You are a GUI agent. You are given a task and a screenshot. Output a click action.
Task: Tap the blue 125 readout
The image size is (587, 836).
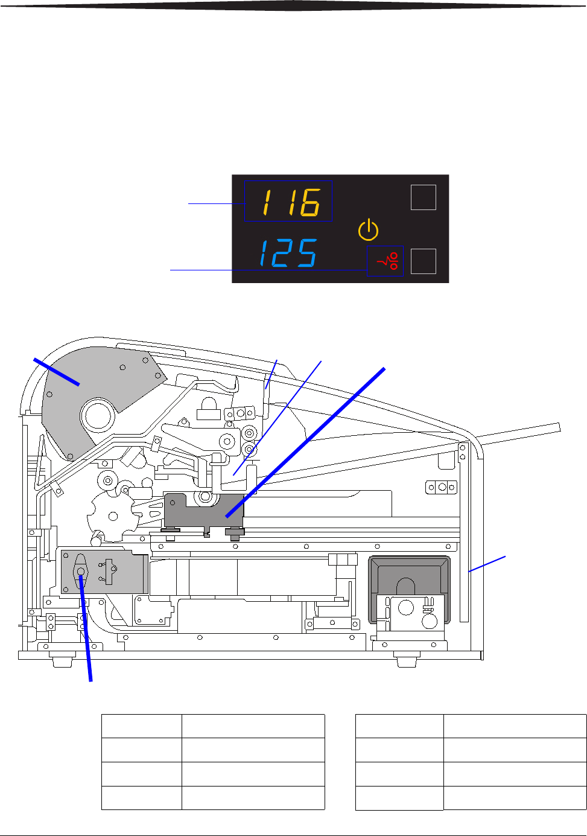(288, 253)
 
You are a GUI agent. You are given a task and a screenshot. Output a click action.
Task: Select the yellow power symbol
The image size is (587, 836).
(369, 229)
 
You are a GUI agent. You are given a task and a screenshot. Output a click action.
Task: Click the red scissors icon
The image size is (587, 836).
(388, 261)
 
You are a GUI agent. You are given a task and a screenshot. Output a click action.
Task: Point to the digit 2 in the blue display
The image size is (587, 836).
(285, 253)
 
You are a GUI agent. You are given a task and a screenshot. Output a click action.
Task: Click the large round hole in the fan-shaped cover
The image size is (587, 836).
(98, 416)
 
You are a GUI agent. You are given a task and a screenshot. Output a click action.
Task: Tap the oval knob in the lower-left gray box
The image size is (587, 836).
(81, 572)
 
